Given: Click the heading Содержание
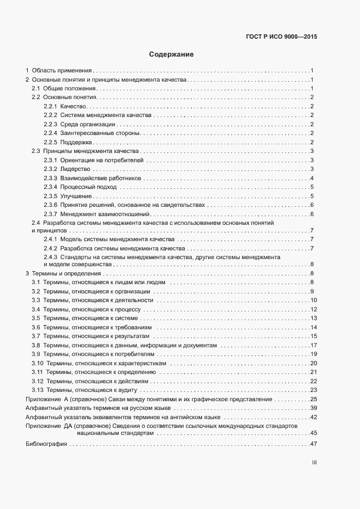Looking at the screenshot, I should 172,54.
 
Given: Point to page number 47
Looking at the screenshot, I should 314,444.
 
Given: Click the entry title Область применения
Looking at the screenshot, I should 62,70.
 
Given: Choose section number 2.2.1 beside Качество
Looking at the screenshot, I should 51,106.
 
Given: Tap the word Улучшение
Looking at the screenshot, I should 76,196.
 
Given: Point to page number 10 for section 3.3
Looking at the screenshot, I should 314,300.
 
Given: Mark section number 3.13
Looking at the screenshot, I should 37,390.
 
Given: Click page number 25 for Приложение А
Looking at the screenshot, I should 314,399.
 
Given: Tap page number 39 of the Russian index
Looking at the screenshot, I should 314,408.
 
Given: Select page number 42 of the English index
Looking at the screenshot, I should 314,417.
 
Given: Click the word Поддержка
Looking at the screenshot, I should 76,142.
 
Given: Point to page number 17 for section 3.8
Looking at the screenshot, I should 314,345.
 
